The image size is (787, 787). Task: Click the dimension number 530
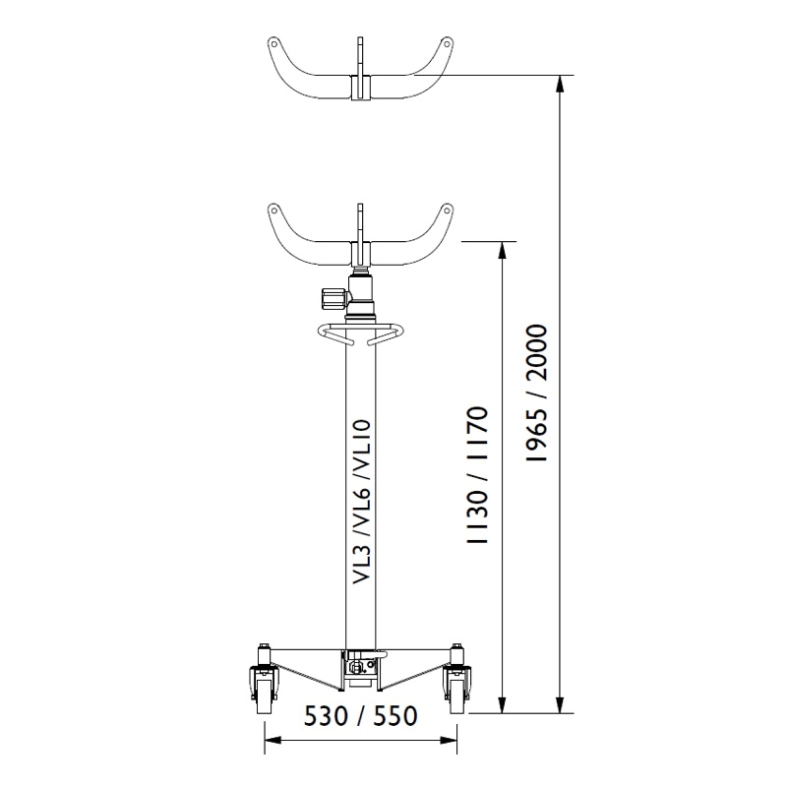click(x=326, y=716)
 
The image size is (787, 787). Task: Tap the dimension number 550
click(x=395, y=716)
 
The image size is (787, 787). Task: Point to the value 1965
click(x=535, y=435)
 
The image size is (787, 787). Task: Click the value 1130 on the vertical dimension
click(x=477, y=518)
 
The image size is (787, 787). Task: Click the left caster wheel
click(x=262, y=694)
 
